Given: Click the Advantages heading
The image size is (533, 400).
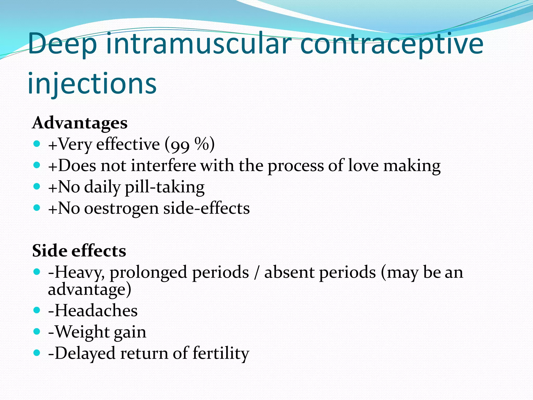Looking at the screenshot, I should (80, 123).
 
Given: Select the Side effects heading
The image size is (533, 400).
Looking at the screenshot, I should (79, 251).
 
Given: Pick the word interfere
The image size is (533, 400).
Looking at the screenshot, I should (163, 166).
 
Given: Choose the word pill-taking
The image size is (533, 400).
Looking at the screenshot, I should (165, 187).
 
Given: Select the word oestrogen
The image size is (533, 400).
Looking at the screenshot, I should (121, 209).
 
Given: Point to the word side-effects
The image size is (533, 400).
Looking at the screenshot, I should (207, 208).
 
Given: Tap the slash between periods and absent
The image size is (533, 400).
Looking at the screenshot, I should (257, 273).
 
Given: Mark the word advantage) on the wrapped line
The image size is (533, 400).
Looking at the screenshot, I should (90, 290).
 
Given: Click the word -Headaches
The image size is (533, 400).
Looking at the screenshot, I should (93, 310).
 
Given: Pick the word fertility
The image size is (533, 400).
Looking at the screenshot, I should (221, 354).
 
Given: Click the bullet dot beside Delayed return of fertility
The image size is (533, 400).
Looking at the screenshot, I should (37, 353).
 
